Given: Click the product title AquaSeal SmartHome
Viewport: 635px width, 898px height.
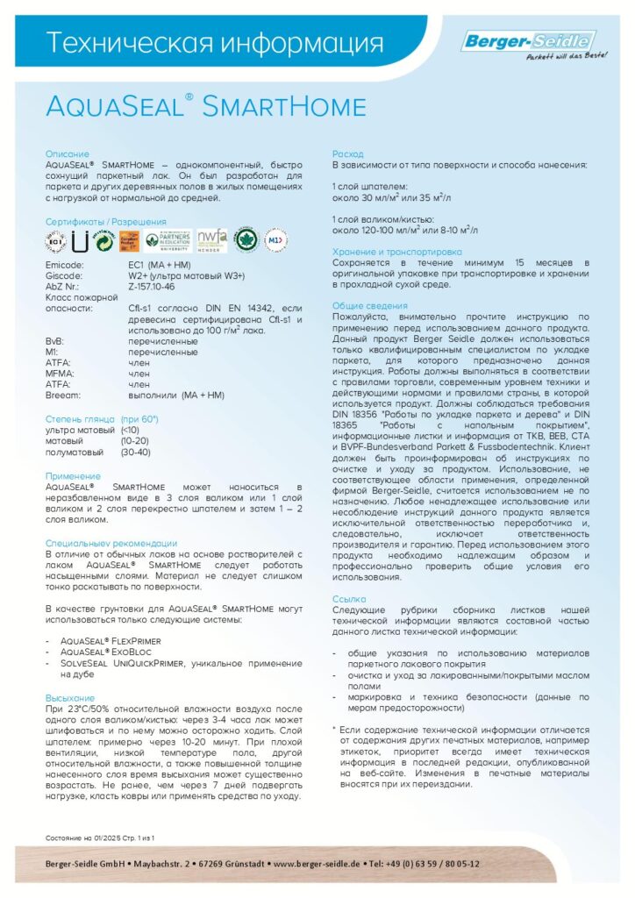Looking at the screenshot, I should pyautogui.click(x=205, y=107).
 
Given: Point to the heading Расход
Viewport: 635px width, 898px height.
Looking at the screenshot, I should pyautogui.click(x=347, y=154).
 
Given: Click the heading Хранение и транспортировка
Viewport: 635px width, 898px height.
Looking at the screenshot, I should pyautogui.click(x=396, y=253).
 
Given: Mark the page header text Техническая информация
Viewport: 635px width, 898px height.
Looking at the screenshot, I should pyautogui.click(x=215, y=43).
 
